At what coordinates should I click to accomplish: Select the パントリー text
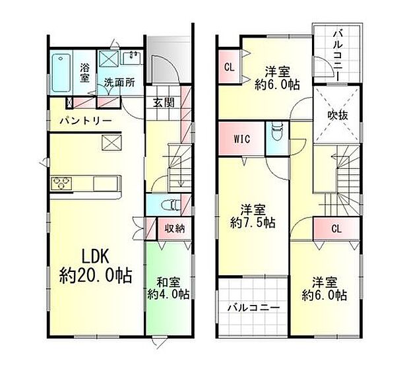pyautogui.click(x=82, y=121)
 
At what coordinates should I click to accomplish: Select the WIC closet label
pyautogui.click(x=241, y=139)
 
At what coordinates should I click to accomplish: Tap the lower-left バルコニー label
pyautogui.click(x=253, y=308)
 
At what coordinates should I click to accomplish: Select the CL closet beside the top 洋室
pyautogui.click(x=229, y=66)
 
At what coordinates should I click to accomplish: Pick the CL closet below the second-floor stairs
pyautogui.click(x=336, y=229)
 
